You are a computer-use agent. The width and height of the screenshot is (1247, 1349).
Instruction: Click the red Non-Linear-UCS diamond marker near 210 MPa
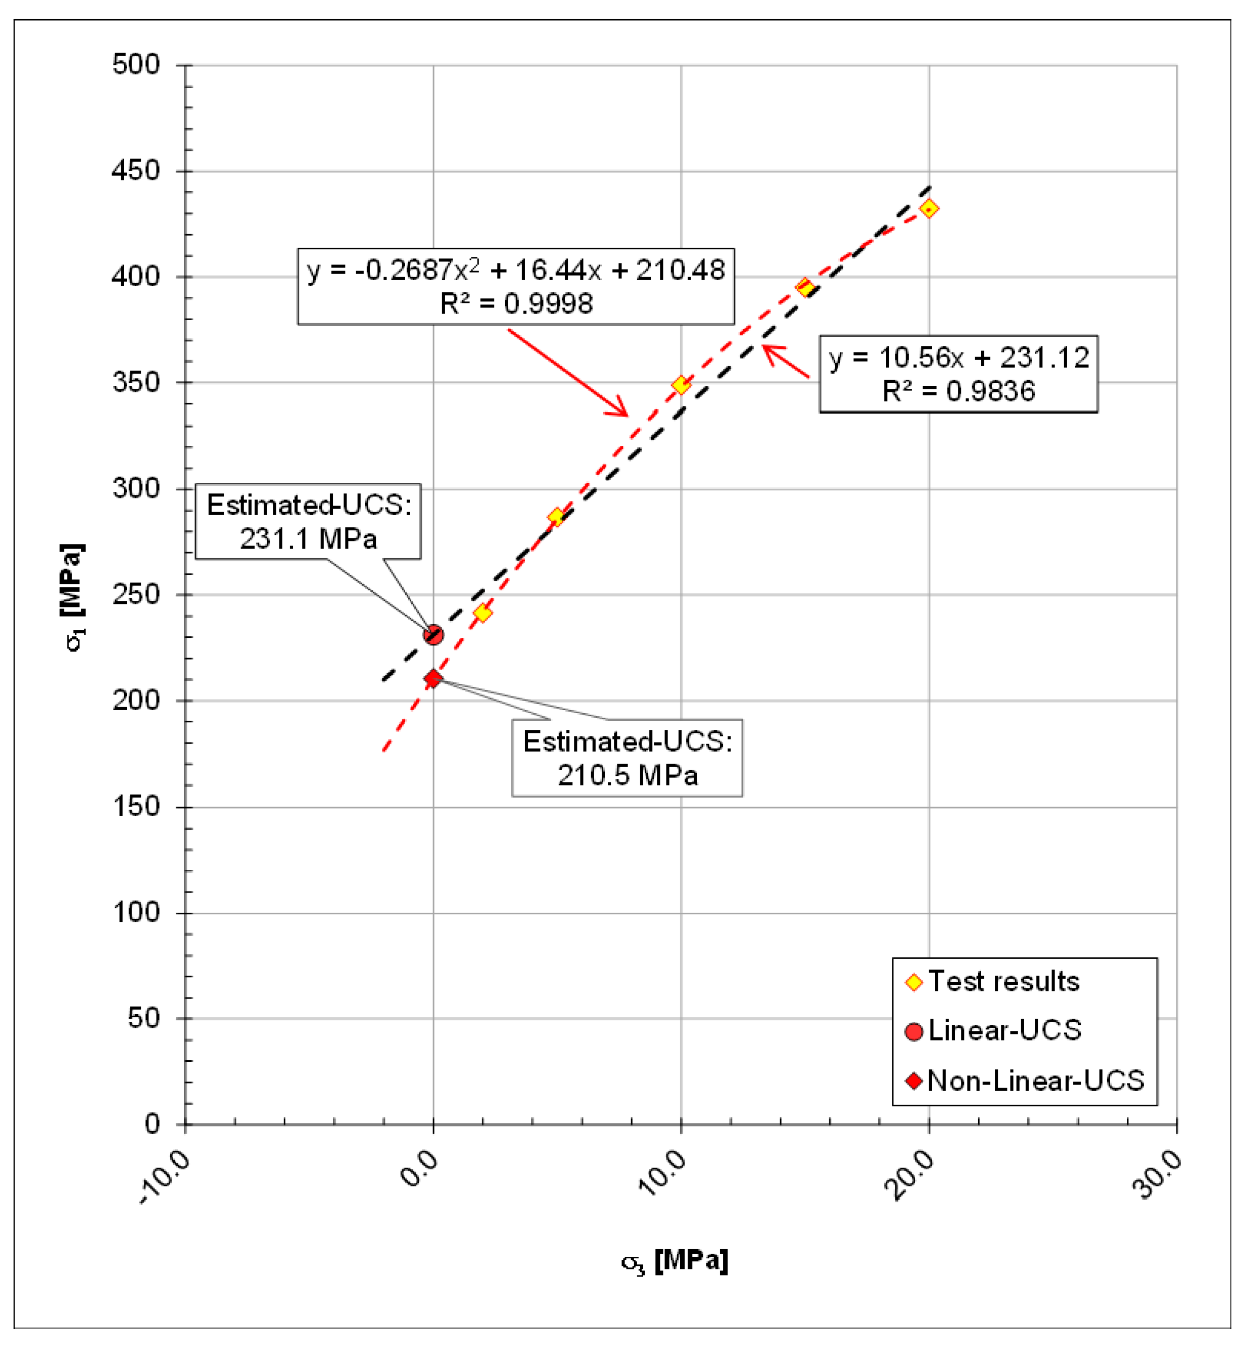click(x=433, y=678)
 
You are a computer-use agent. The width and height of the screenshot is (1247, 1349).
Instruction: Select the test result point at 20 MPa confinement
click(x=929, y=209)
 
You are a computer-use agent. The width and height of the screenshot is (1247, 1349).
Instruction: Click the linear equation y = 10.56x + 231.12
click(x=958, y=358)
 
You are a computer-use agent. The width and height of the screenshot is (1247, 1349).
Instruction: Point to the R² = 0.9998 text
click(x=516, y=303)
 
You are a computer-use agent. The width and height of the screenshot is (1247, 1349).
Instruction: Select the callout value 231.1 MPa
click(x=308, y=538)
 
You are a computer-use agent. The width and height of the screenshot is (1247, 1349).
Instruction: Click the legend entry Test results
click(x=1003, y=982)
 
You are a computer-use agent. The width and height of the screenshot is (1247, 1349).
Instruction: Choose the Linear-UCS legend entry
click(x=1004, y=1030)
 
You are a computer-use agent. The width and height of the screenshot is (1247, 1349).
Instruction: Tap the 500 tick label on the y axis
click(x=136, y=65)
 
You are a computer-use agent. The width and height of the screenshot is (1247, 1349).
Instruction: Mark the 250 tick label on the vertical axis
click(x=136, y=595)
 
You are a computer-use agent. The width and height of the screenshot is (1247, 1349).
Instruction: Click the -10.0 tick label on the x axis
click(x=165, y=1176)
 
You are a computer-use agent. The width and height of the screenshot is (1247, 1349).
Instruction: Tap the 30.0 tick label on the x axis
click(x=1158, y=1174)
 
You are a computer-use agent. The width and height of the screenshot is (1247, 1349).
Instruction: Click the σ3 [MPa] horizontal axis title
click(x=675, y=1260)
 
